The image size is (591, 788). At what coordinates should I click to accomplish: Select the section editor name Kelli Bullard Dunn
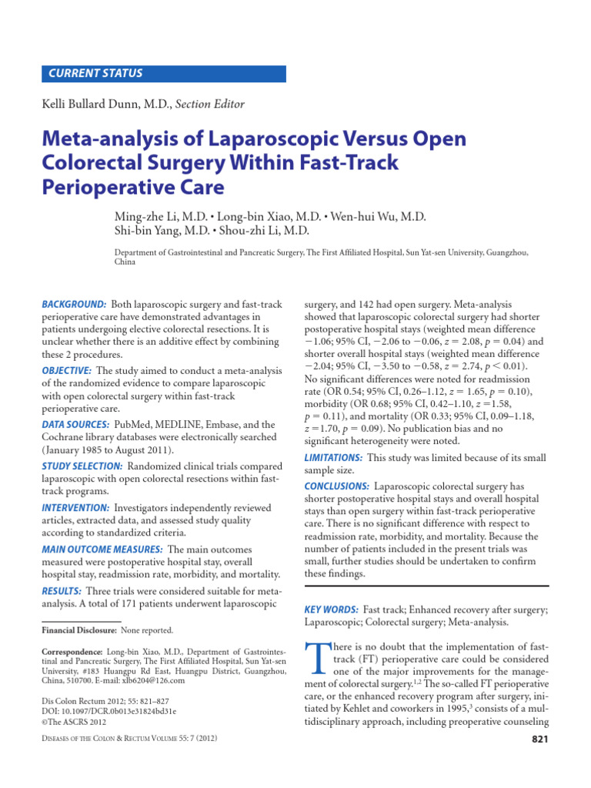pos(105,104)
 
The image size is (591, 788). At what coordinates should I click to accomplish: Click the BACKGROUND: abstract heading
pos(74,305)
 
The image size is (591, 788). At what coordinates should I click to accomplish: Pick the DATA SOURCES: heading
pos(75,424)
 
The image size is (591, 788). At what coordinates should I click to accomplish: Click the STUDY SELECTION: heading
pos(82,466)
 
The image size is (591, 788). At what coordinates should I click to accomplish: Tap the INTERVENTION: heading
pos(75,508)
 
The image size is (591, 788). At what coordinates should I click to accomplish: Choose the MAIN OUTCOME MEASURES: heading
pos(102,549)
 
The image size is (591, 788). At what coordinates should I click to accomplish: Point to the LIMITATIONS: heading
pos(334,458)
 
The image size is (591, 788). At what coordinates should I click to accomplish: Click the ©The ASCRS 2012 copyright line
pos(74,723)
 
